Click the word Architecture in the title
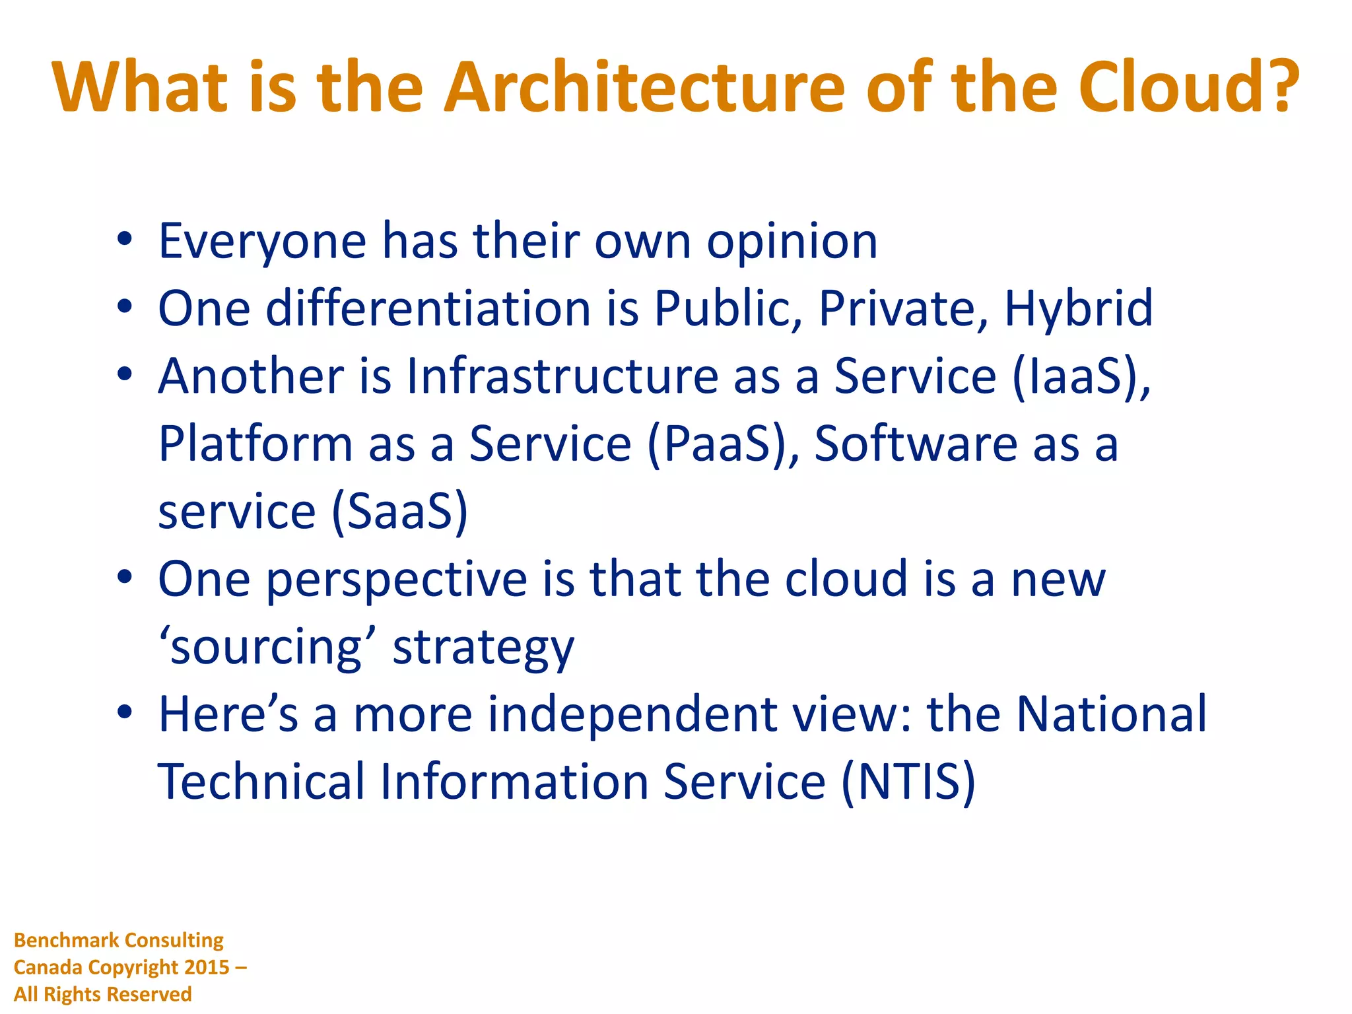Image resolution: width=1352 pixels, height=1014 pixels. pos(644,88)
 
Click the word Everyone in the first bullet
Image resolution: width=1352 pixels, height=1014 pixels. pos(262,242)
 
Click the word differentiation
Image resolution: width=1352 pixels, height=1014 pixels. pos(428,309)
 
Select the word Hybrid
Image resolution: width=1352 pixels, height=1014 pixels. pos(1078,309)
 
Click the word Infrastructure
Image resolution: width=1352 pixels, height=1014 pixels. pos(562,376)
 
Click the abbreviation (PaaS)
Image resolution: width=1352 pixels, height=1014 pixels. pos(723,444)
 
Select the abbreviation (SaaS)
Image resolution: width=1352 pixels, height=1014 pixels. pos(399,512)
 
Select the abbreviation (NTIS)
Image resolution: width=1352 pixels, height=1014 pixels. pos(908,783)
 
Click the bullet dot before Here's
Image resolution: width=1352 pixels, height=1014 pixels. pos(125,714)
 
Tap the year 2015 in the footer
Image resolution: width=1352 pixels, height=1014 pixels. pos(207,967)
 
